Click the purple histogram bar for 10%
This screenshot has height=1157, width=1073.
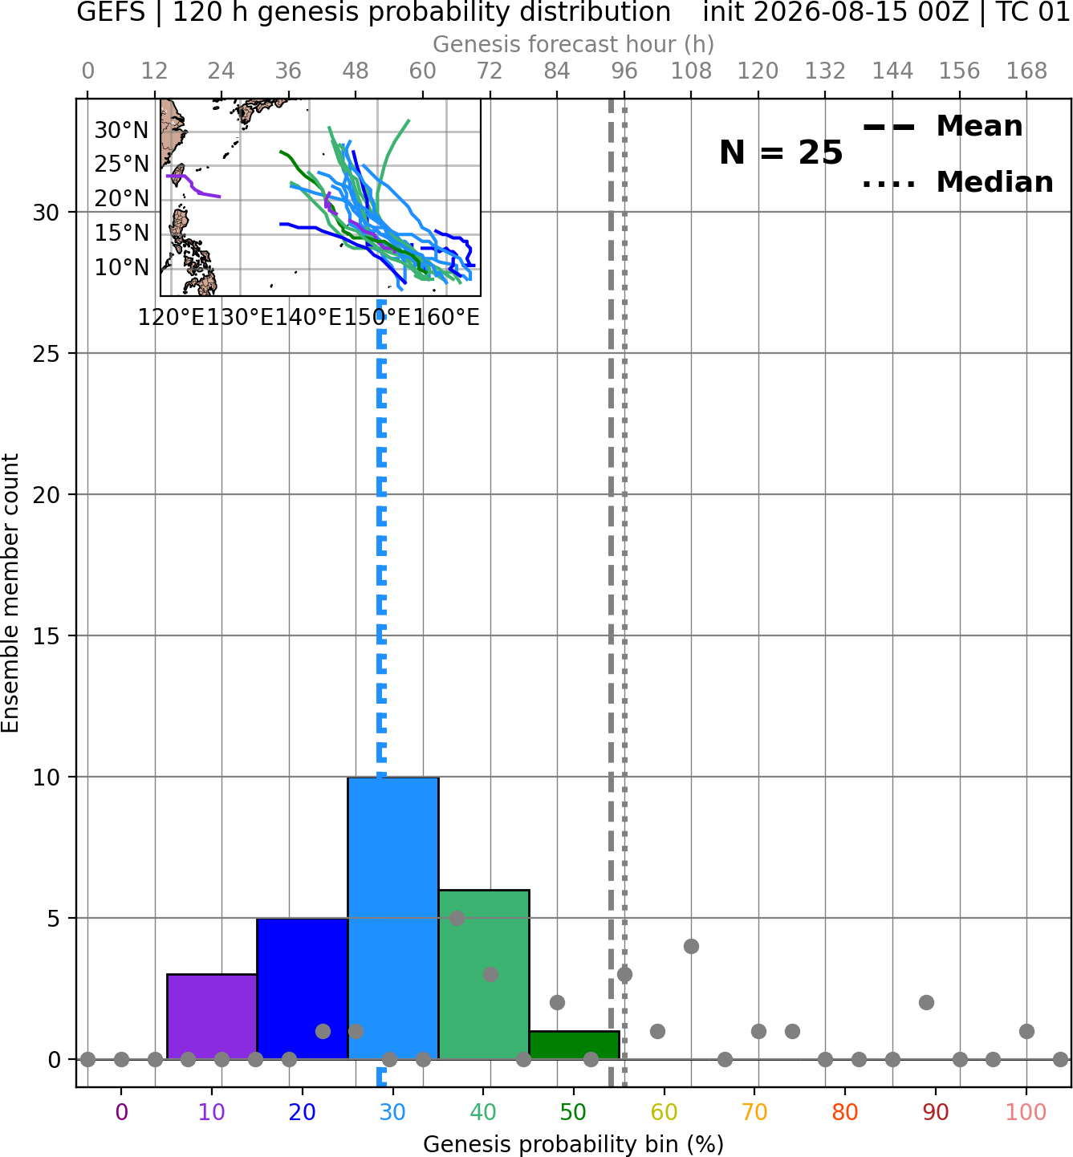coord(212,1017)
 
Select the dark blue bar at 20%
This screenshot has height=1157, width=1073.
coord(303,989)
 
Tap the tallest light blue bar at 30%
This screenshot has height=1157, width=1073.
coord(393,918)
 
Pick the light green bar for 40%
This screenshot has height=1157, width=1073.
coord(484,975)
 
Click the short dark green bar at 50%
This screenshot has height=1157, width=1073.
coord(574,1045)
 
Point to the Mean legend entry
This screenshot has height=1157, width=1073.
coord(942,127)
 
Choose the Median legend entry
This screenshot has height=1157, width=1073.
coord(957,182)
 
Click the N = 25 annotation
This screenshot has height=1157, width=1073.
coord(781,152)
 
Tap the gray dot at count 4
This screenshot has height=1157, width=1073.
coord(691,947)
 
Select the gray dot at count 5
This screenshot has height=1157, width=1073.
coord(457,918)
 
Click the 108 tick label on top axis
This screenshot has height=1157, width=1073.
coord(691,71)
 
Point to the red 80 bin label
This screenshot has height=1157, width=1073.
coord(845,1113)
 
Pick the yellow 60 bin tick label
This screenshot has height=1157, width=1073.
coord(665,1113)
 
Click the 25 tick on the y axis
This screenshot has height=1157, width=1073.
coord(47,354)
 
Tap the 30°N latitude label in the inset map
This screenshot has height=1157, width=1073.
coord(122,131)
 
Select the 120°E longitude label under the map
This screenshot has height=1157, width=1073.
coord(172,318)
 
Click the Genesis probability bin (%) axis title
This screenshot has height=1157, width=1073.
coord(574,1144)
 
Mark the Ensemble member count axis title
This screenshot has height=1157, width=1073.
coord(10,593)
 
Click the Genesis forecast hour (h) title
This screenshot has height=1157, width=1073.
coord(574,44)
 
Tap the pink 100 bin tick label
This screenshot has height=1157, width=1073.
coord(1026,1113)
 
